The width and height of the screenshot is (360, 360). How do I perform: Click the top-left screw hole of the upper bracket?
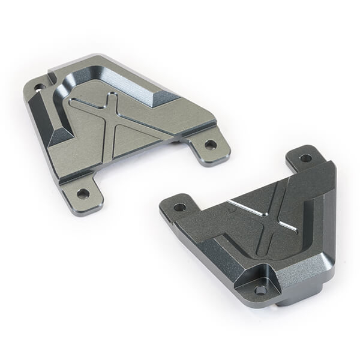pos(40,88)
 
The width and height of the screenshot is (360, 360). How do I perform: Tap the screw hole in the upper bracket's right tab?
pos(210,145)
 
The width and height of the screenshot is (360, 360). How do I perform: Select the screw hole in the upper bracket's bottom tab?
pos(83,193)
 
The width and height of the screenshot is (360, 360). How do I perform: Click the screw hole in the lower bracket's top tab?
pos(305,158)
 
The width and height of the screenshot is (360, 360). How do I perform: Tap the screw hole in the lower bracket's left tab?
pos(179,207)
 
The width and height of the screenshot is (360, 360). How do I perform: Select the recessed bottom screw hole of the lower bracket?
pos(260,289)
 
